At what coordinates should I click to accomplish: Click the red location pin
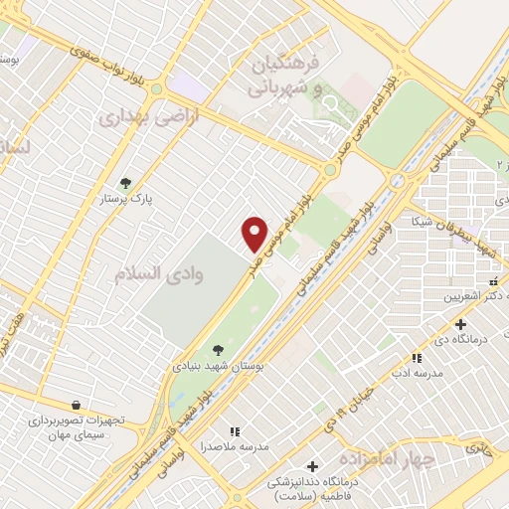[255, 234]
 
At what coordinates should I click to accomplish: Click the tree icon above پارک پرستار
[125, 183]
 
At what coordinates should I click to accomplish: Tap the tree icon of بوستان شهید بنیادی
[218, 349]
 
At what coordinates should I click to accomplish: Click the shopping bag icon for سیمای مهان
[77, 405]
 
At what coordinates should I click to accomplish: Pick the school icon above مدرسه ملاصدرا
[236, 431]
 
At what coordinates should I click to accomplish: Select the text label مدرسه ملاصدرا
[235, 447]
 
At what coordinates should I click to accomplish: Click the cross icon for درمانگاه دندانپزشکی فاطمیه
[312, 466]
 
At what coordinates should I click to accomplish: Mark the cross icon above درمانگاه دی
[460, 324]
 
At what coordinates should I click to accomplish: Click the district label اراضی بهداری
[148, 116]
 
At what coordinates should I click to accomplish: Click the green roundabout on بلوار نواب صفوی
[156, 89]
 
